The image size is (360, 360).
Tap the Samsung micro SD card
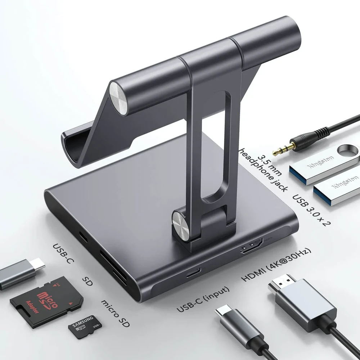tap(85, 327)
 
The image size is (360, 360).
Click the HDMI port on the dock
tap(252, 246)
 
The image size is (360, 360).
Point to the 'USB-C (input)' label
tap(203, 299)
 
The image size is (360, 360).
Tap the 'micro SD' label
tap(116, 313)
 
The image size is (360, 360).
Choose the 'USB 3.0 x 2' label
tap(311, 210)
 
